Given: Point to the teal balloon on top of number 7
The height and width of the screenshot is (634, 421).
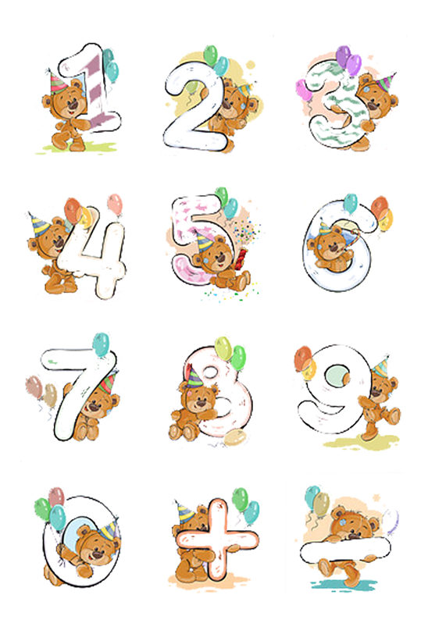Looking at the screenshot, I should (x=101, y=343).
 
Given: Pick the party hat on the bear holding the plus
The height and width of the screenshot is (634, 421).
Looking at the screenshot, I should (x=184, y=512).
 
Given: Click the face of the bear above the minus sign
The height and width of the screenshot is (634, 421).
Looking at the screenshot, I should (x=347, y=523).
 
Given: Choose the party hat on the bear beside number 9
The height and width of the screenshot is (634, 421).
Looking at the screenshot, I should (x=381, y=365).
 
